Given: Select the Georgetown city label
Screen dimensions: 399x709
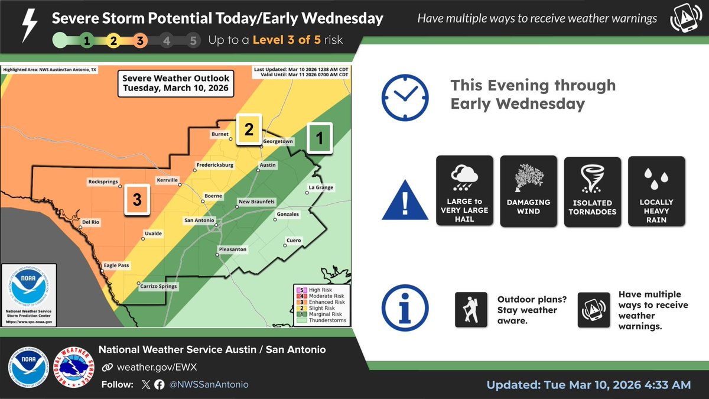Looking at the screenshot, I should pyautogui.click(x=278, y=142).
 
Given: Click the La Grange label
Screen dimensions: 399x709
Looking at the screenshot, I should pyautogui.click(x=321, y=188).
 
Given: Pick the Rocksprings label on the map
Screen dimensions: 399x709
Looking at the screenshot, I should pyautogui.click(x=103, y=182).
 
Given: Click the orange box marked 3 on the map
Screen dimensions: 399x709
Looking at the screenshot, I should pyautogui.click(x=137, y=200).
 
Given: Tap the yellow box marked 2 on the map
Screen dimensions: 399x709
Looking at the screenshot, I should pyautogui.click(x=249, y=129).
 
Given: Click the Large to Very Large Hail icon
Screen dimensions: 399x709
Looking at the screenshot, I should pyautogui.click(x=464, y=190).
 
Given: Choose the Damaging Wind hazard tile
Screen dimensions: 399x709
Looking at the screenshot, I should pyautogui.click(x=528, y=190).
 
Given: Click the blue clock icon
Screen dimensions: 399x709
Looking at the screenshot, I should pyautogui.click(x=404, y=97).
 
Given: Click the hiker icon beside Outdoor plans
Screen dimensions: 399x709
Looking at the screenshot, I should pyautogui.click(x=471, y=310).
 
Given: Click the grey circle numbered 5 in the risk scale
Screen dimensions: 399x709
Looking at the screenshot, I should pyautogui.click(x=193, y=41).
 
